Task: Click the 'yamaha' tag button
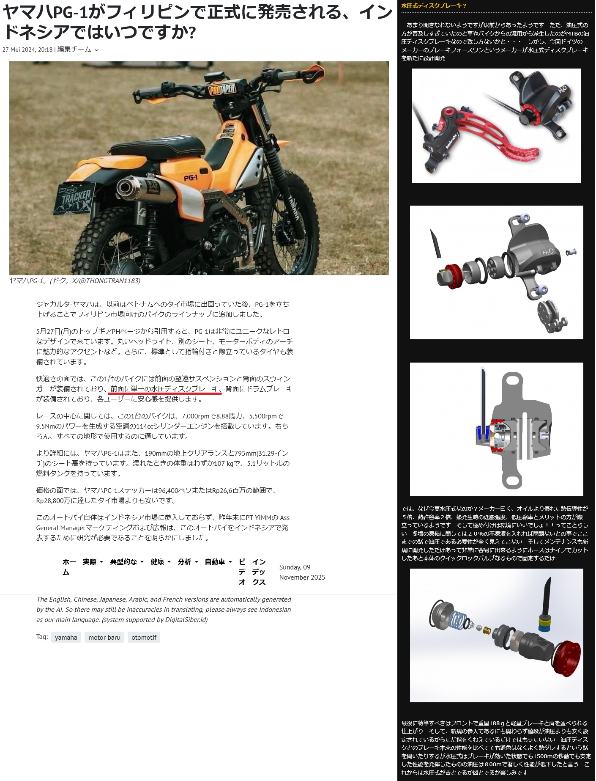point(66,637)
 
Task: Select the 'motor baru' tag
point(104,637)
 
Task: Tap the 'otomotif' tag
point(144,637)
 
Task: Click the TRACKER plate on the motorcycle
point(74,199)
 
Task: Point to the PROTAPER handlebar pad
point(222,89)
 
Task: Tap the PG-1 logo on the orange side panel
point(191,178)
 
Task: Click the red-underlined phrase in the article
point(165,389)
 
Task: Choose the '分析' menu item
point(188,562)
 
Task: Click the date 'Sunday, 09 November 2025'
point(302,572)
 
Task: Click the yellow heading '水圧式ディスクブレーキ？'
point(434,6)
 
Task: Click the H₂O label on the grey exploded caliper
point(548,252)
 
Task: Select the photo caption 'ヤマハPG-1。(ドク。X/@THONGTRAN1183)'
point(75,280)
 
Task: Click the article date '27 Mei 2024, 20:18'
point(27,49)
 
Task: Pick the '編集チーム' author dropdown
point(78,49)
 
